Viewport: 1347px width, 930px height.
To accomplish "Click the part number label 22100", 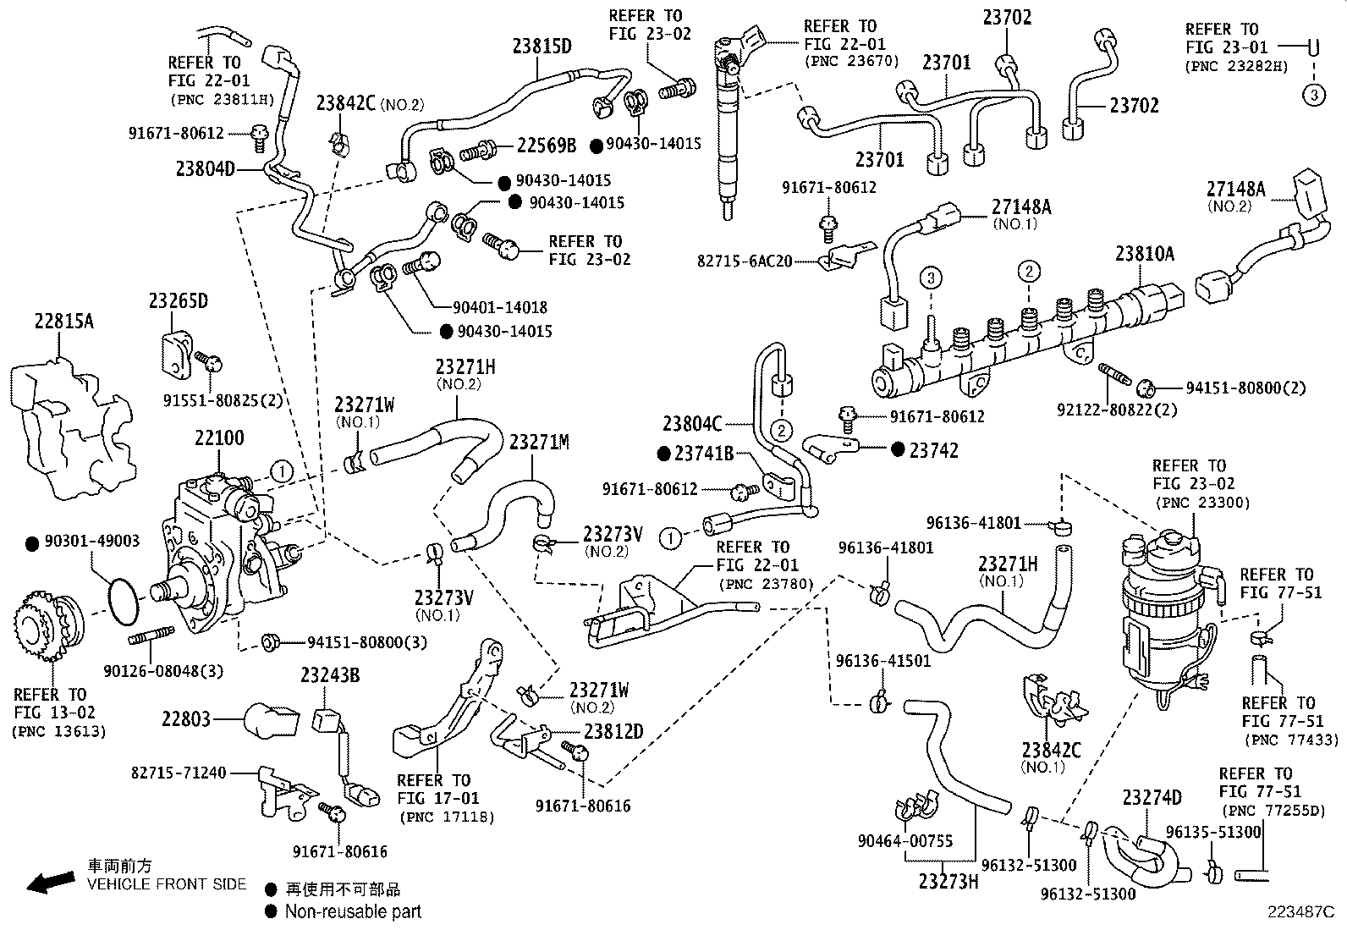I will [219, 438].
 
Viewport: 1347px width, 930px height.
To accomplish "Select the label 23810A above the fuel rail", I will [1144, 253].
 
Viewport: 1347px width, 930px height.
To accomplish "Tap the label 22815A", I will [64, 322].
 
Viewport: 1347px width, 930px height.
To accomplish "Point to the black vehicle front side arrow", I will [50, 882].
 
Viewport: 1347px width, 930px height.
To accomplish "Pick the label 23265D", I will [179, 301].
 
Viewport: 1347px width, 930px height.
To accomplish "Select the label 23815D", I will [542, 46].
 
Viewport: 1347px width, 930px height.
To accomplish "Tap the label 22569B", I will [547, 146].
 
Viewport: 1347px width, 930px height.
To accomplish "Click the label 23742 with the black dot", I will [934, 450].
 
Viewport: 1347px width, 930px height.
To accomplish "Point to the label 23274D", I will [1152, 798].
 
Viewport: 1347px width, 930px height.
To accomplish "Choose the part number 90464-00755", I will [904, 840].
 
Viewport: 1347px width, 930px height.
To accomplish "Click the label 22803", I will [185, 719].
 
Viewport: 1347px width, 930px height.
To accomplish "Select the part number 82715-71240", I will [179, 773].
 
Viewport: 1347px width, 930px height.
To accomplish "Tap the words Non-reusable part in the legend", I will [353, 911].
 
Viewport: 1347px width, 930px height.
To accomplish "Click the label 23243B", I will [330, 674].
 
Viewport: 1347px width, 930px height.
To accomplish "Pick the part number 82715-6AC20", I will [745, 261].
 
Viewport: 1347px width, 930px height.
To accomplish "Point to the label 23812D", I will [613, 732].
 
